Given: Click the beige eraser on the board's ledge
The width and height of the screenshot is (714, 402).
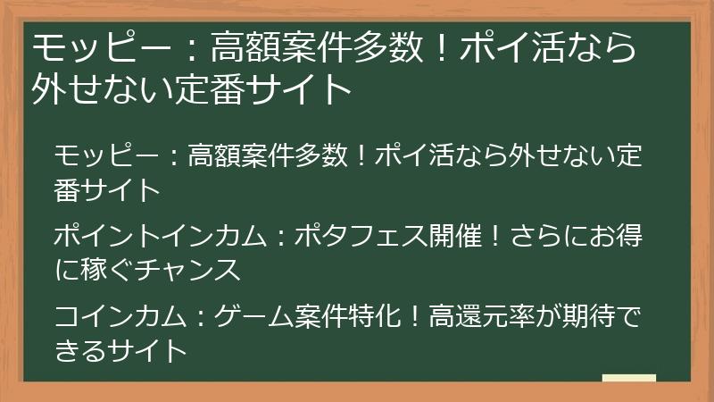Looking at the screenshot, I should point(629,378).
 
